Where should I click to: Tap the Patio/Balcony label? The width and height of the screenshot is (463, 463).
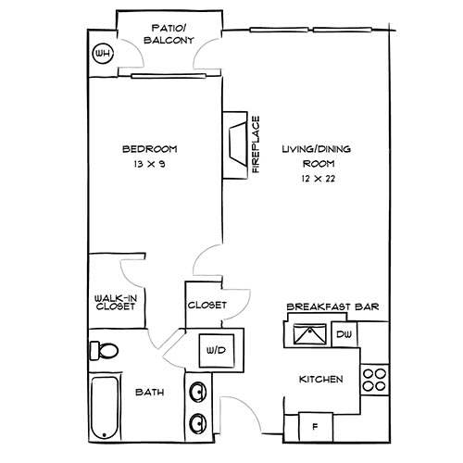169,34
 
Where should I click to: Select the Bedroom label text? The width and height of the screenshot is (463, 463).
149,149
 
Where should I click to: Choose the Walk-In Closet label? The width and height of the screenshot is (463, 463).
116,302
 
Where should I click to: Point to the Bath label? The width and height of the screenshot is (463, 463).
152,393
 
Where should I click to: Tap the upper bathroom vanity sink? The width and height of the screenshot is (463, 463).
196,393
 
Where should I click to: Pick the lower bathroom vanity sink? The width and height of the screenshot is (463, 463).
196,423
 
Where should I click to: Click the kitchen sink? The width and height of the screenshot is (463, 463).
305,335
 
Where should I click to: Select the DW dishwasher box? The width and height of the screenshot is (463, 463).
343,334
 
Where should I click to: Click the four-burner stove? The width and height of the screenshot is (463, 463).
373,380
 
